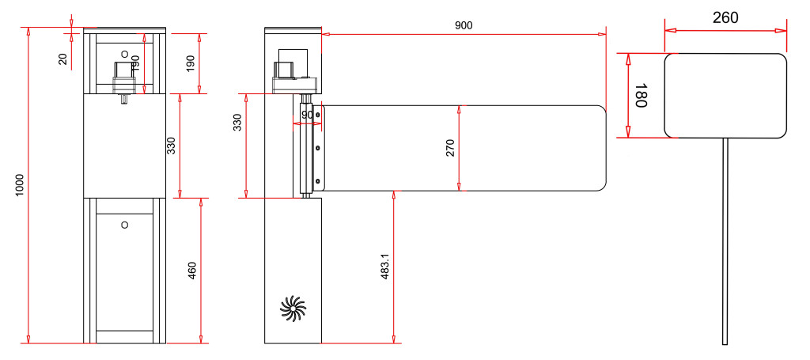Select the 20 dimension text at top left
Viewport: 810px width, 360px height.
point(63,59)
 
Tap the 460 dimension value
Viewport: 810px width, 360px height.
point(192,271)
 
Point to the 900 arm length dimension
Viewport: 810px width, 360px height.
point(464,25)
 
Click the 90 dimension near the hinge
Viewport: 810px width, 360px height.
point(307,115)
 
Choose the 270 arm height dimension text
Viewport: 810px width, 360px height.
point(450,148)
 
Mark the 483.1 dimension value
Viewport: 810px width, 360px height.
point(385,267)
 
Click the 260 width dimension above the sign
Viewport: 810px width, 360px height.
point(725,17)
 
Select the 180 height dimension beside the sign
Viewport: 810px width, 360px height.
point(641,96)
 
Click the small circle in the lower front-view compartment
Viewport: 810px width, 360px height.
point(124,225)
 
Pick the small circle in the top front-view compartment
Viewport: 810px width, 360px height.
point(124,52)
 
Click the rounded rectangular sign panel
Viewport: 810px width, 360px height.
point(725,95)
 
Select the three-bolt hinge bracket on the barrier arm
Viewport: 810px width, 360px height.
point(318,148)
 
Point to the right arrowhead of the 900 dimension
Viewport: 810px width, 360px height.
point(603,34)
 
